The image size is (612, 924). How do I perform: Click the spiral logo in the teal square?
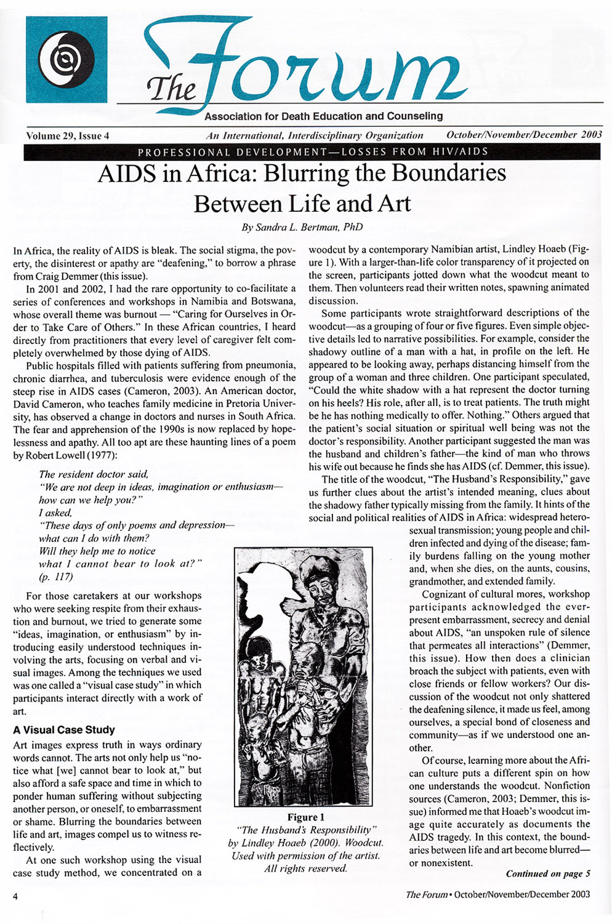tap(66, 59)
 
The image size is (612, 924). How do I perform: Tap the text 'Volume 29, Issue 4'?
tap(68, 136)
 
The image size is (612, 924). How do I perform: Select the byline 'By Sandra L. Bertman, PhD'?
tap(302, 227)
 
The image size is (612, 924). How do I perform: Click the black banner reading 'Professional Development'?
tap(312, 152)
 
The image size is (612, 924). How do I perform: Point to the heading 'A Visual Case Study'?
tap(64, 729)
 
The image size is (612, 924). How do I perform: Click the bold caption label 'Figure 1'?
tap(305, 817)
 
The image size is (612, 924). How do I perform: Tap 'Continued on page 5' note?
tap(548, 873)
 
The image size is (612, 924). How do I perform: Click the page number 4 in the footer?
tap(15, 896)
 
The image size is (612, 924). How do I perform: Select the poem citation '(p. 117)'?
tap(55, 577)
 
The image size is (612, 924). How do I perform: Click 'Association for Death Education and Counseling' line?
tap(323, 116)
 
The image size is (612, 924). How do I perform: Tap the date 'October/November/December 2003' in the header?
tap(524, 135)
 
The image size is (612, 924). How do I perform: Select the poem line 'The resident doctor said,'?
tap(94, 474)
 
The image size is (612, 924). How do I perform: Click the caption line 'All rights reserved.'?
tap(305, 869)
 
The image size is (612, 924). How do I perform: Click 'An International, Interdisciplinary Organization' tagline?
tap(315, 136)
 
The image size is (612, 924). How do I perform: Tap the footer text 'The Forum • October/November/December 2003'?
tap(497, 894)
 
